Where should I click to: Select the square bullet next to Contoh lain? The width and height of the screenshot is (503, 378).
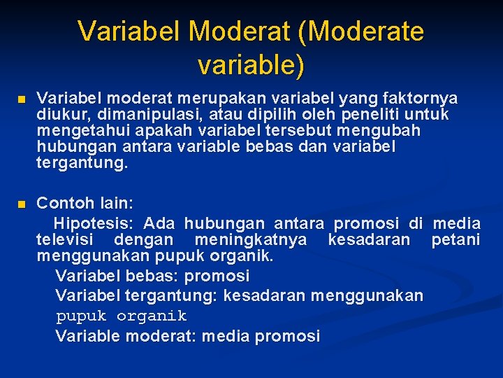[x=22, y=204]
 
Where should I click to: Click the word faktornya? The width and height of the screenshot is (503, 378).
[x=423, y=98]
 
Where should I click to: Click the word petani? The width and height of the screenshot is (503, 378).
[x=455, y=241]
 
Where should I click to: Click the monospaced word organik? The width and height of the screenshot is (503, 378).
[x=152, y=316]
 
